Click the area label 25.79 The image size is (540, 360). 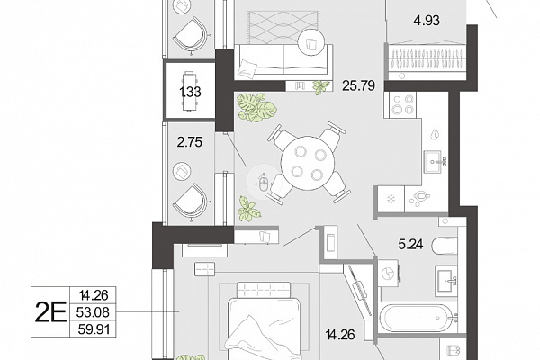358,85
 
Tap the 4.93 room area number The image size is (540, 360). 427,21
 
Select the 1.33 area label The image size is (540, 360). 190,92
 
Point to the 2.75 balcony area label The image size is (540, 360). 189,142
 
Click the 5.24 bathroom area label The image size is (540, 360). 410,245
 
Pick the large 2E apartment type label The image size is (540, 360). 50,312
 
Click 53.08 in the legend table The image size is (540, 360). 93,312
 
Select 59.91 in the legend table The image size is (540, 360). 94,329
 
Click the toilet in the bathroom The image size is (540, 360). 445,247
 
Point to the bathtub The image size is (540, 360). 417,318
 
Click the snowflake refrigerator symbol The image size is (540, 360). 391,199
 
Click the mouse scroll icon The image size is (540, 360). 264,183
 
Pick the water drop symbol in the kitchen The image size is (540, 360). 436,135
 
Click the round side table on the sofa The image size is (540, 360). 311,43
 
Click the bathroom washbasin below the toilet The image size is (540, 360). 445,281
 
